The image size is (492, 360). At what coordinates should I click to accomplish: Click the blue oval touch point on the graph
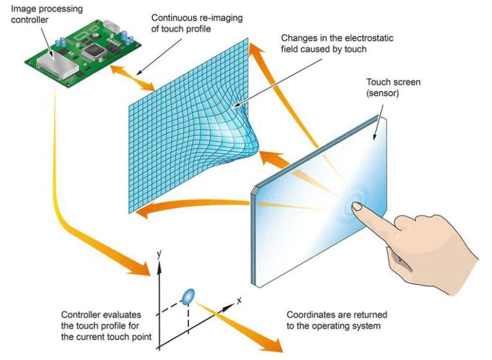tap(188, 295)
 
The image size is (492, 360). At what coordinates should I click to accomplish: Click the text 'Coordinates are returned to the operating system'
tap(337, 320)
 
